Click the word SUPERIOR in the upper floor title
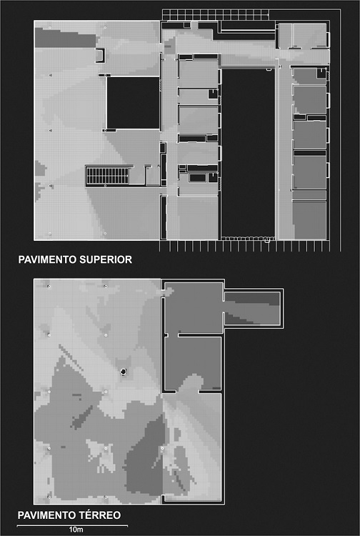click(x=106, y=259)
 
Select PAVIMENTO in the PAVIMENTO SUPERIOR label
click(x=47, y=259)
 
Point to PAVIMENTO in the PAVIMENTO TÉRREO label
click(x=47, y=515)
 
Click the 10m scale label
click(x=76, y=530)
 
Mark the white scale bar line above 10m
click(x=72, y=525)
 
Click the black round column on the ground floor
click(x=124, y=372)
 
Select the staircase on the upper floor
click(x=107, y=176)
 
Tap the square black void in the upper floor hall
click(x=133, y=102)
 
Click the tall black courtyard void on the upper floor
click(x=248, y=152)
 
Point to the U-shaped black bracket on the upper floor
click(x=100, y=55)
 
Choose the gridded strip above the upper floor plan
click(x=216, y=15)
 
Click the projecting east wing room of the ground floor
click(x=252, y=308)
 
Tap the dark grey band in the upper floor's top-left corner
click(x=66, y=38)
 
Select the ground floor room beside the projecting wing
click(x=194, y=307)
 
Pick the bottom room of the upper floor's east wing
click(x=309, y=220)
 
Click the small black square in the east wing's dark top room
click(x=321, y=73)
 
